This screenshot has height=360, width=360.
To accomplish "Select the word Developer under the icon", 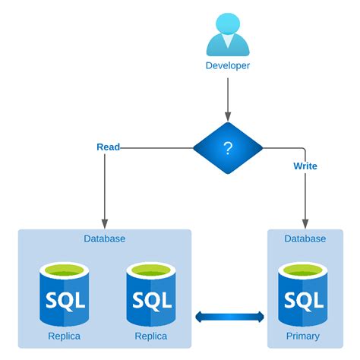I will tap(227, 65).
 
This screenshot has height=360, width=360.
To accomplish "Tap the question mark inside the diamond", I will tap(227, 147).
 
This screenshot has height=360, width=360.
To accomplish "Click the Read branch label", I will tap(108, 146).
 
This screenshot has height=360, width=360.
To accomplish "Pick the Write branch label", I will tap(305, 165).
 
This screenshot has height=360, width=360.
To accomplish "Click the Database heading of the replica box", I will tap(104, 238).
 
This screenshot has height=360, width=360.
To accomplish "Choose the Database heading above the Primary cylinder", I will tap(305, 238).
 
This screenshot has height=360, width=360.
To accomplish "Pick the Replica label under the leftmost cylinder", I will tap(64, 336).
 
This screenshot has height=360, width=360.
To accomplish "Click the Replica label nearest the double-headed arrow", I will tap(151, 336).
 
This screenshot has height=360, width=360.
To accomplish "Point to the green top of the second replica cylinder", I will tap(151, 270).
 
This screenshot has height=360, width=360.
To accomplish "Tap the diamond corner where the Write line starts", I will tap(262, 147).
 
